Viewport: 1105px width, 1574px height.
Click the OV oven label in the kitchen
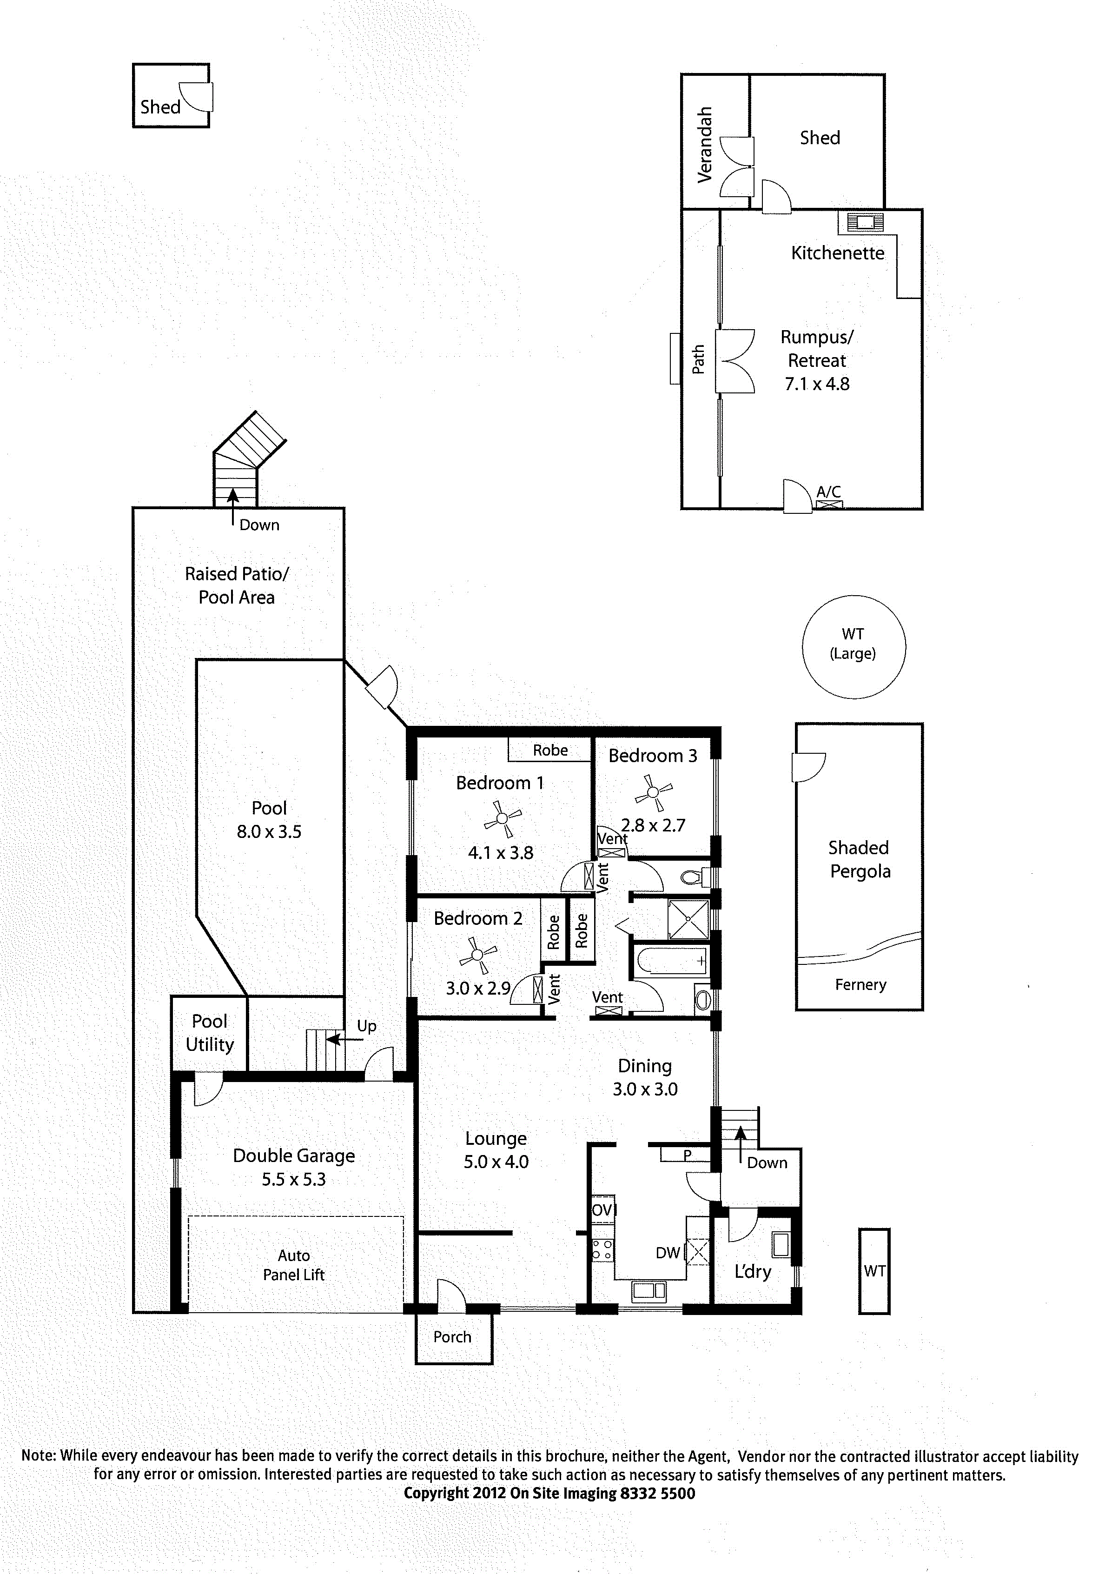601,1210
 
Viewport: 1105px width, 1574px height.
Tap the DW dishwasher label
668,1253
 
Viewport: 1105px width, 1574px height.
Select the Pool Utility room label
210,1033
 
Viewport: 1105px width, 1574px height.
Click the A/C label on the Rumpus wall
829,491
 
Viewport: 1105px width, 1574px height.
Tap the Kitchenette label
838,253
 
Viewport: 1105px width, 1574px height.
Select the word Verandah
705,145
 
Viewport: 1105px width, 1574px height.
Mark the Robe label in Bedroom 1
550,750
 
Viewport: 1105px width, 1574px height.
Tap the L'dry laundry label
753,1272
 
